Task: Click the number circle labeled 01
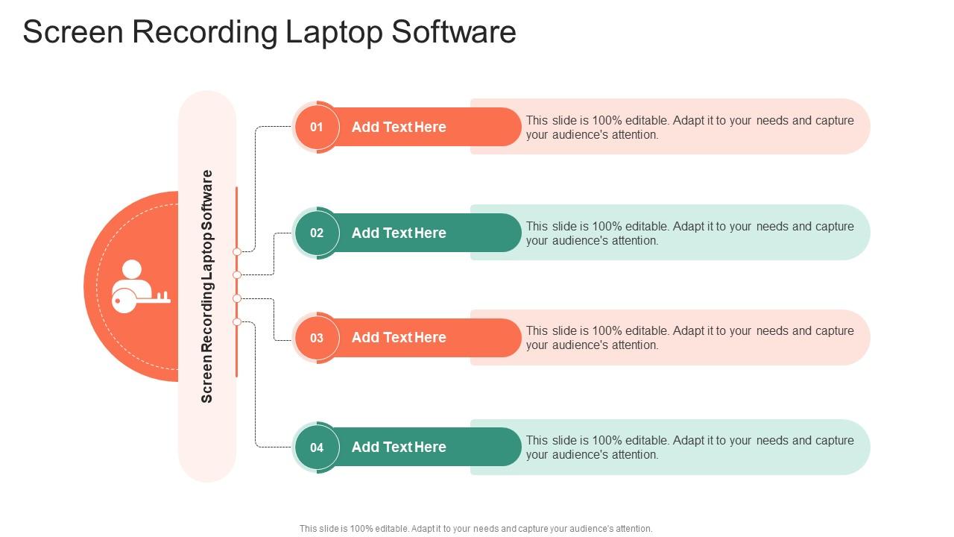[x=317, y=127]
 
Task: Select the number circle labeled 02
[x=317, y=233]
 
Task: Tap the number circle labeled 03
[x=317, y=338]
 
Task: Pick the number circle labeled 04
[x=317, y=447]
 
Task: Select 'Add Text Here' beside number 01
[x=399, y=128]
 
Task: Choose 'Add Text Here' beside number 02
[x=399, y=233]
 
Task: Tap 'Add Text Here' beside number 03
[x=399, y=338]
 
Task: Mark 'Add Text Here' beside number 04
[x=399, y=447]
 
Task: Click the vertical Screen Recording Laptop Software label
[x=207, y=286]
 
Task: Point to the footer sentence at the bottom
[x=476, y=529]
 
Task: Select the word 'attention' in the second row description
[x=633, y=241]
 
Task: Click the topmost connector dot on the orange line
[x=237, y=252]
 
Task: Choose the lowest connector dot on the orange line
[x=237, y=322]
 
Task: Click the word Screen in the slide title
[x=72, y=33]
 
